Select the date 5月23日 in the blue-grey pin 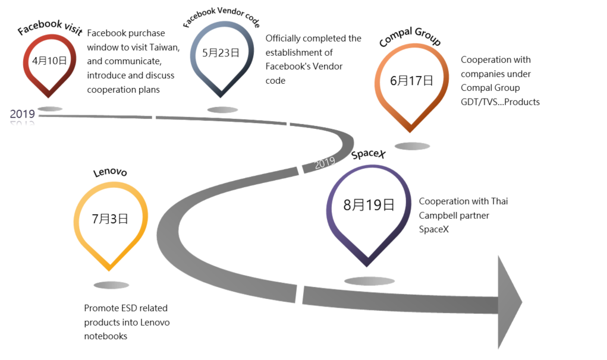click(220, 52)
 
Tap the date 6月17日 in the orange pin click(411, 80)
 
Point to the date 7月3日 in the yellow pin click(110, 218)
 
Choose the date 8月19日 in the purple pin click(369, 205)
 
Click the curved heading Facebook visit click(49, 27)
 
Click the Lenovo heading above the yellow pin click(110, 173)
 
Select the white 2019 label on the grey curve click(325, 162)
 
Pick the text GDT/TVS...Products click(500, 102)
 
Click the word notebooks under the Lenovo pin click(106, 336)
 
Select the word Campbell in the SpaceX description click(440, 215)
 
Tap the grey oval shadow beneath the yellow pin click(111, 285)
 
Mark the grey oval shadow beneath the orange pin click(412, 146)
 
